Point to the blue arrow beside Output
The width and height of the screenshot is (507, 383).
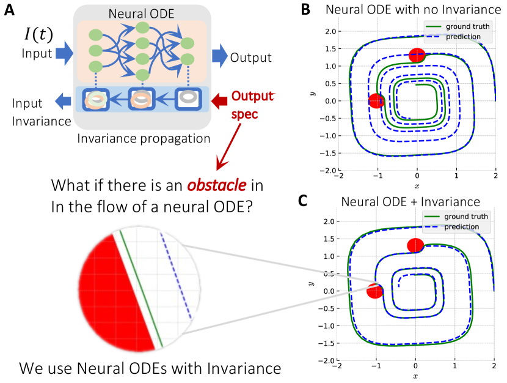coord(218,56)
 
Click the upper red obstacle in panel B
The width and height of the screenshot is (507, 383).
coord(417,55)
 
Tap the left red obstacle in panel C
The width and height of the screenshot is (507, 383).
coord(375,291)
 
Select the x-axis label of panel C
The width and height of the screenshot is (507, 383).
coord(415,376)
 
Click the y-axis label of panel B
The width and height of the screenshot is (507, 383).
coord(312,93)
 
